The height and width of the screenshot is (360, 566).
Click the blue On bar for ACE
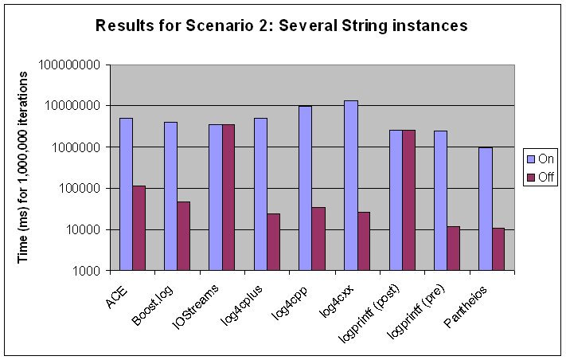(x=126, y=194)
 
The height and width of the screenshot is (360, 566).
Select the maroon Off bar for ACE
(x=139, y=229)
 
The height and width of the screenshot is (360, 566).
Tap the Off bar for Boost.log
(x=184, y=236)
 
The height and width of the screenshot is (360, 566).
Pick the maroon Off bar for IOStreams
(x=228, y=198)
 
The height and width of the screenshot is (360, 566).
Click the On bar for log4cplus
(x=260, y=194)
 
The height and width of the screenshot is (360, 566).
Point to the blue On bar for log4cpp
(x=306, y=188)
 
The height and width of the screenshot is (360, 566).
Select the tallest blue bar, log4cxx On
(x=351, y=186)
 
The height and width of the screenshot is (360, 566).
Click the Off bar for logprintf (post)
(x=409, y=201)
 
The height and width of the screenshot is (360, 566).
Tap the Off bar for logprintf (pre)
(x=454, y=248)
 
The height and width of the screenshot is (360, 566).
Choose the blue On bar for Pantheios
(x=486, y=209)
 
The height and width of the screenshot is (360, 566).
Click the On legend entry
(x=541, y=158)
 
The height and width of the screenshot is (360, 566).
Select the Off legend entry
(x=541, y=177)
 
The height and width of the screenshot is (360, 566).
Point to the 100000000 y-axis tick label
(x=69, y=65)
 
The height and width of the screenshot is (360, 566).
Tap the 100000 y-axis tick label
(x=80, y=189)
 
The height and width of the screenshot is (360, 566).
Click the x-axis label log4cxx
(x=338, y=301)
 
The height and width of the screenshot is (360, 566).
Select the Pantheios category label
(x=466, y=307)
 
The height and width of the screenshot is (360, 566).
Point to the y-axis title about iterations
(x=22, y=167)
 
